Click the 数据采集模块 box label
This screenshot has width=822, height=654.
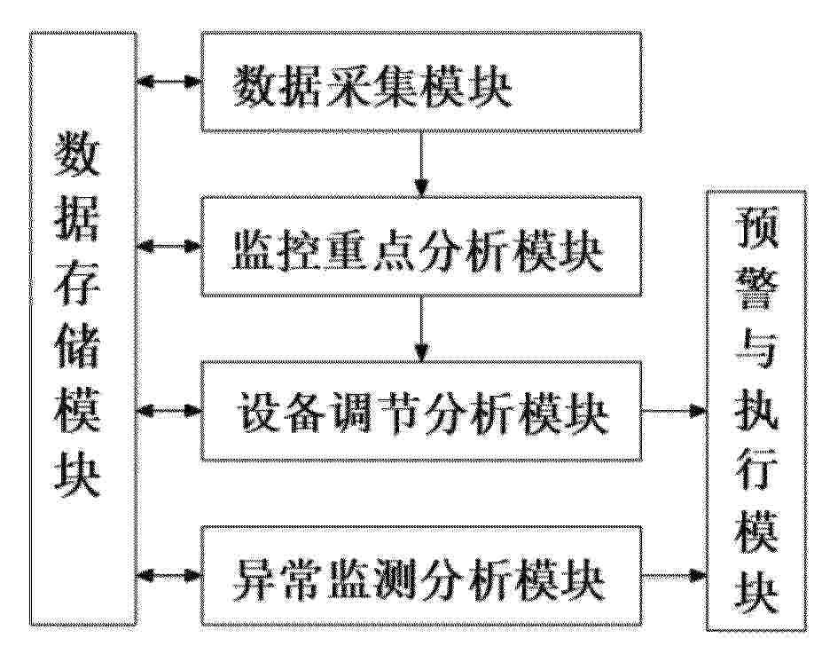(372, 87)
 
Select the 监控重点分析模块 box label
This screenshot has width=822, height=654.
(418, 251)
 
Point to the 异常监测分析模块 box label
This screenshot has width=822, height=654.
(419, 581)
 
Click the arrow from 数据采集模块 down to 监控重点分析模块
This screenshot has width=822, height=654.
(421, 163)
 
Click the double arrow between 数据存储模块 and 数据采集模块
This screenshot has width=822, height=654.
(168, 82)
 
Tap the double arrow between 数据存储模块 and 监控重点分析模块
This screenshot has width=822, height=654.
(168, 246)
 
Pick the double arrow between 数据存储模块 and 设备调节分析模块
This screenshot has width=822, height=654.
(168, 411)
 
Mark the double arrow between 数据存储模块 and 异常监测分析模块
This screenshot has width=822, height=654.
(168, 576)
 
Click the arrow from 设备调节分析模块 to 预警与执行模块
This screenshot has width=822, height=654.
(674, 411)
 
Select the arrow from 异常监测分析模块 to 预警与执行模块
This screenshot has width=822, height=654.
(674, 576)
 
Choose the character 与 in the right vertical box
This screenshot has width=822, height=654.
(756, 350)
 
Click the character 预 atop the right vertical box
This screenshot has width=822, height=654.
(756, 226)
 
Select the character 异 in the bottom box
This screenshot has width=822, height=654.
(254, 581)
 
